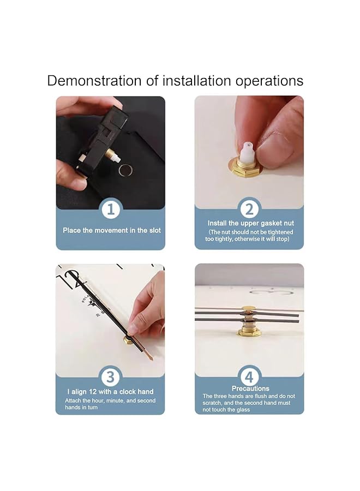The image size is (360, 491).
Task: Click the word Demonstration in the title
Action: (x=94, y=81)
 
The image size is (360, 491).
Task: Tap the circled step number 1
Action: (x=111, y=209)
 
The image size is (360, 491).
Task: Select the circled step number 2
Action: (x=249, y=209)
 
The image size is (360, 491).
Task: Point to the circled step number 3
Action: (x=110, y=377)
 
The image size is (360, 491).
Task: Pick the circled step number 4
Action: (x=249, y=377)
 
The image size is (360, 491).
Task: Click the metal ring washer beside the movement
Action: (x=125, y=170)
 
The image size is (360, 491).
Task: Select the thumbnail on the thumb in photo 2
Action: (x=276, y=141)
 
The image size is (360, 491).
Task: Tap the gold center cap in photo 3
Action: (x=128, y=339)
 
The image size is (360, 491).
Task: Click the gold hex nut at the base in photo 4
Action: (x=249, y=331)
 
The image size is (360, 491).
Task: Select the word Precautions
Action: (x=250, y=388)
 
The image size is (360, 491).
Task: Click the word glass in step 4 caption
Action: (x=243, y=410)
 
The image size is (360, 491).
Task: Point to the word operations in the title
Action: (x=269, y=81)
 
